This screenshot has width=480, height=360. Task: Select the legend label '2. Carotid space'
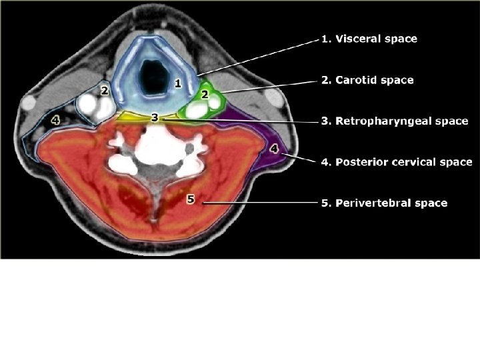tap(367, 80)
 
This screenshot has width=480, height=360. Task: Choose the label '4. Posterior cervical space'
tap(396, 162)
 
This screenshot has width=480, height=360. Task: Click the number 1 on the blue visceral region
tap(177, 83)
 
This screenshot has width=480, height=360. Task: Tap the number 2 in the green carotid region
tap(205, 95)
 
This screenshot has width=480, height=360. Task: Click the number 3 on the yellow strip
tap(155, 117)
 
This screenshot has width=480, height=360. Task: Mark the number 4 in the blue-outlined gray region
tap(55, 121)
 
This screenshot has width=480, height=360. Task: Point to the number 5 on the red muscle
tap(191, 199)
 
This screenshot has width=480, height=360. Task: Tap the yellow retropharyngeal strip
tap(133, 117)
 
